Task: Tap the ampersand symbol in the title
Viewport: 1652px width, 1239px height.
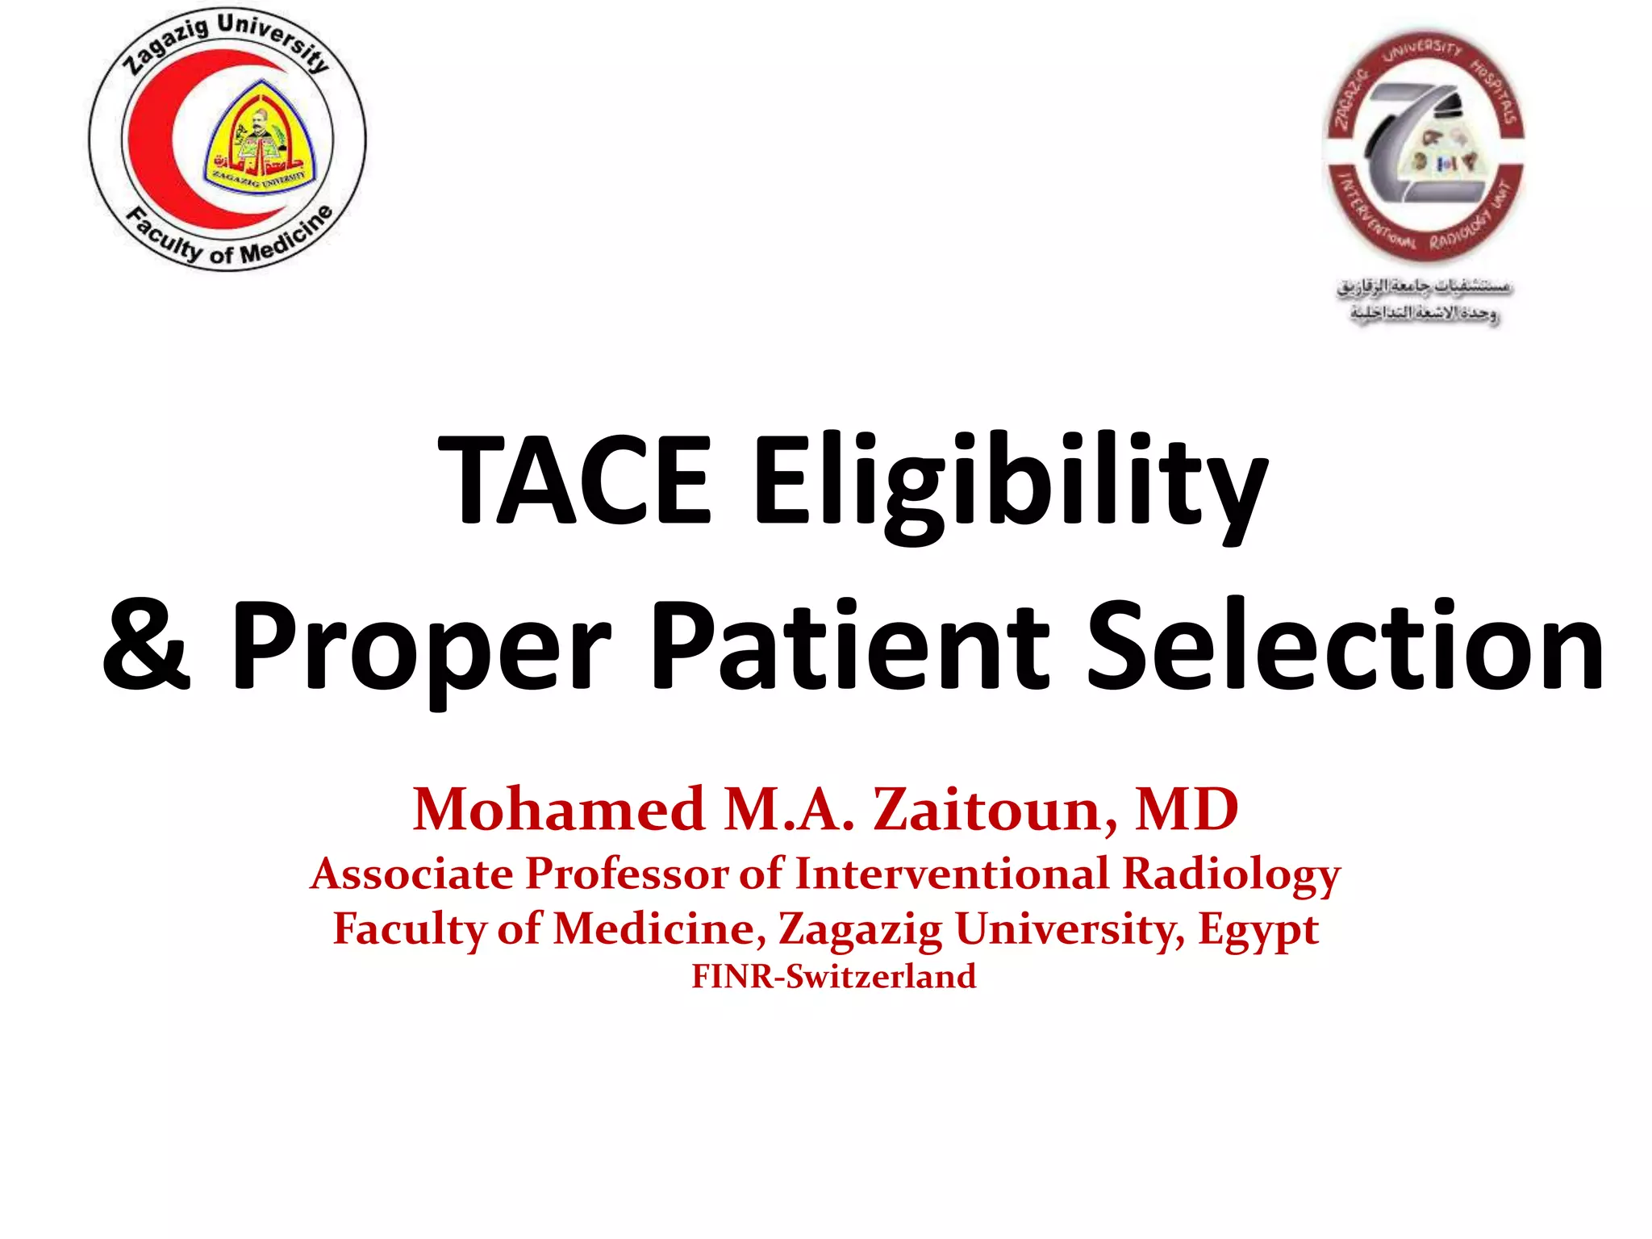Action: pyautogui.click(x=147, y=645)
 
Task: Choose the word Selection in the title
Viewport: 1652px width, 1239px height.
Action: pyautogui.click(x=1345, y=645)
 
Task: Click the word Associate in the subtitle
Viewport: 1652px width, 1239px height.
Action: pyautogui.click(x=412, y=874)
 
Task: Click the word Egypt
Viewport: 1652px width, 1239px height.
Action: pyautogui.click(x=1258, y=930)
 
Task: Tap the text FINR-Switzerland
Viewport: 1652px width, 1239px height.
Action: pyautogui.click(x=834, y=976)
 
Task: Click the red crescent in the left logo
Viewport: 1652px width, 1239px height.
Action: pyautogui.click(x=161, y=137)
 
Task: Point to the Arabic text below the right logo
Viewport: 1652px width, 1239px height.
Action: pyautogui.click(x=1425, y=299)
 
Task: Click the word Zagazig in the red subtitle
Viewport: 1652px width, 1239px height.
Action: pyautogui.click(x=860, y=930)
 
